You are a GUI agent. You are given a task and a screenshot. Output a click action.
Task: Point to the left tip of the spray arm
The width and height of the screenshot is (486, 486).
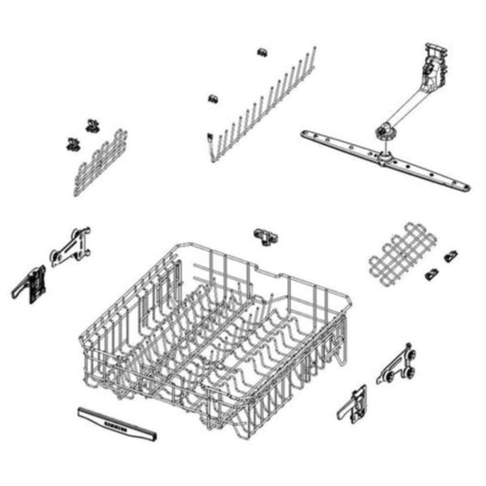(306, 136)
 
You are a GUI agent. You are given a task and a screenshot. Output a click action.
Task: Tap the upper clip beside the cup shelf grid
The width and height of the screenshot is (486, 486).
(451, 257)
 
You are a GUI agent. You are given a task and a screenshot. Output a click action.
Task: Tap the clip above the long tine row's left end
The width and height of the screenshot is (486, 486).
(212, 97)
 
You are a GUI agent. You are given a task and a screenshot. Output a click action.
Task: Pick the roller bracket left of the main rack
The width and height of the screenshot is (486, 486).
(70, 246)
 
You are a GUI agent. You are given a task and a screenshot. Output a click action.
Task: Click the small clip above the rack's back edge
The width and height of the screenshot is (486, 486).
(266, 236)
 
